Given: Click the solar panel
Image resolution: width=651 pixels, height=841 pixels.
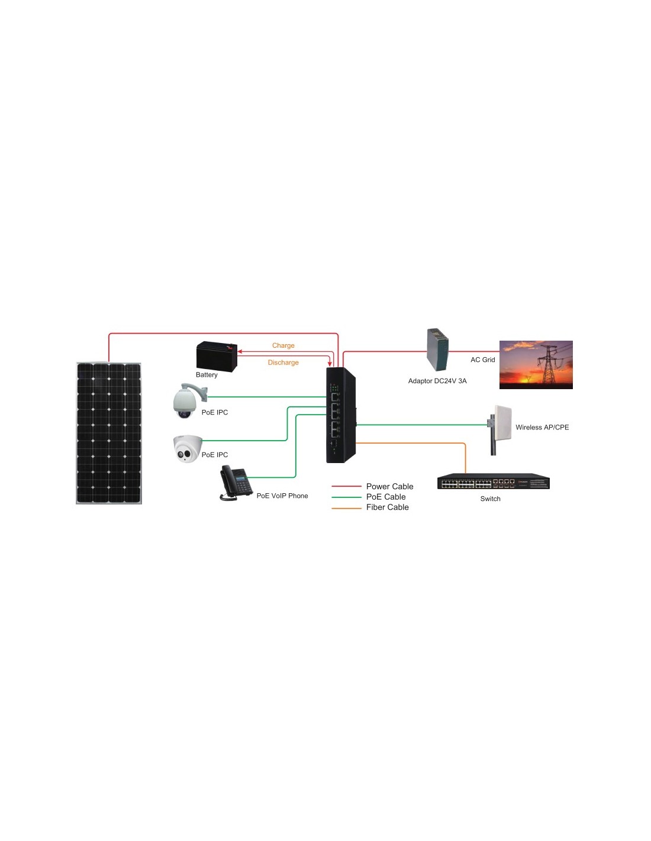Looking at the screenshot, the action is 108,433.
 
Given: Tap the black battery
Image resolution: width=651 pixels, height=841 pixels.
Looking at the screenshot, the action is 217,356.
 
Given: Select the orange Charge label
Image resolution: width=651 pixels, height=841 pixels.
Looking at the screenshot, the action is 283,345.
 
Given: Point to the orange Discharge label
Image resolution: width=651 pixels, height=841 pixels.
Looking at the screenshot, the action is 283,363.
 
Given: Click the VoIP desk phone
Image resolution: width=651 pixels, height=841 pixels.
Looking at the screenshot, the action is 236,482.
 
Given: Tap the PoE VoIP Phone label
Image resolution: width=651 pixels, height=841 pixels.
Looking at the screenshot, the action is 282,496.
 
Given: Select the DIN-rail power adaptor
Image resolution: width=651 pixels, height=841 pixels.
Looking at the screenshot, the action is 437,350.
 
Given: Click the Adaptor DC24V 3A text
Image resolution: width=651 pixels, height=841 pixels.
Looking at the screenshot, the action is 437,381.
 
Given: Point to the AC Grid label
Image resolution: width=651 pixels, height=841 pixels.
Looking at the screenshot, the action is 482,360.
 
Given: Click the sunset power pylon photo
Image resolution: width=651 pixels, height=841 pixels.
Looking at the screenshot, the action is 536,364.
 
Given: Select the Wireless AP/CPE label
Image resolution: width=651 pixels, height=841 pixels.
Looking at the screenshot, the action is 542,427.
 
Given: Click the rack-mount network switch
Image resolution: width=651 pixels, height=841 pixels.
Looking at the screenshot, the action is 493,481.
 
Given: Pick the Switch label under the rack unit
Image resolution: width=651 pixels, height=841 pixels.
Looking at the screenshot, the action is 490,499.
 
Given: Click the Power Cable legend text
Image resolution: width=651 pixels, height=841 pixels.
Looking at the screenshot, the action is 389,487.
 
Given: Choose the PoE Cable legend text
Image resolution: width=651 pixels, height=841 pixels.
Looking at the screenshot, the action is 386,497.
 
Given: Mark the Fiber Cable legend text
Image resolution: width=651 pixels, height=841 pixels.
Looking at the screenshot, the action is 387,507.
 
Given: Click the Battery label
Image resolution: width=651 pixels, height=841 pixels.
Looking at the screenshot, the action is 207,374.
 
